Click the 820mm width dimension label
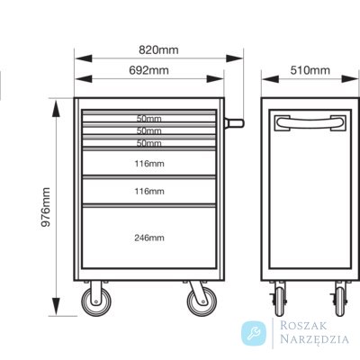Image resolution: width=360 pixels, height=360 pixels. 158,49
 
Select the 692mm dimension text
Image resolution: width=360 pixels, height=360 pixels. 148,70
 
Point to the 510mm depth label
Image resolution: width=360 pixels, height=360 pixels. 310,70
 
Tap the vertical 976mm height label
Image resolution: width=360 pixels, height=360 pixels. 46,207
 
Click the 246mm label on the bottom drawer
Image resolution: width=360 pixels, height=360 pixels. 149,238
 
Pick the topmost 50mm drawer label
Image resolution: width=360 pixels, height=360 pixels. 149,119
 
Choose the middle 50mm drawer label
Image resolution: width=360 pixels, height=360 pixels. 149,130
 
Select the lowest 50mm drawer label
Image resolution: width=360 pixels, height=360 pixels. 149,143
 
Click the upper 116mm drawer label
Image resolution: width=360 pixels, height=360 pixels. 149,164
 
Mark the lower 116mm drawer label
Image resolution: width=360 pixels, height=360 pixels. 149,191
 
